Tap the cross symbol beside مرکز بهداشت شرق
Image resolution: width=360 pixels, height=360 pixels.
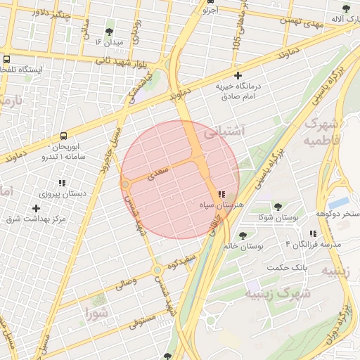37,208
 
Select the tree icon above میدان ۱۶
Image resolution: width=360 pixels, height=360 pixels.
109,32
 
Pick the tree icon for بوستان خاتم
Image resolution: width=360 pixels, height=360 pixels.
243,236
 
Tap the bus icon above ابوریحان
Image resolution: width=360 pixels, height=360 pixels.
64,136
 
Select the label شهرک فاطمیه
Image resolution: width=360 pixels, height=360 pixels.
323,131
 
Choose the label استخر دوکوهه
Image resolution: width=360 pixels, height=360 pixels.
337,213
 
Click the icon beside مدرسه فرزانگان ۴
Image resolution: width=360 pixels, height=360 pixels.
313,233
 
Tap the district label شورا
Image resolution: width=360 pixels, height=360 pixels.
96,313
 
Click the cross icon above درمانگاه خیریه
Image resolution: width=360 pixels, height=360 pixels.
238,75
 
